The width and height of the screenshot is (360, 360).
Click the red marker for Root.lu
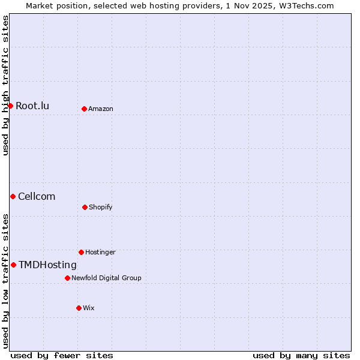10,106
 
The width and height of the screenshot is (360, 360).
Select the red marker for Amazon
84,109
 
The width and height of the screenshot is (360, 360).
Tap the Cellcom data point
13,196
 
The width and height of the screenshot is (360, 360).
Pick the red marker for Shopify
85,207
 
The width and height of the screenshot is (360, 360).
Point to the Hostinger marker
81,252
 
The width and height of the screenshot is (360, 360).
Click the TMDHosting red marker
13,265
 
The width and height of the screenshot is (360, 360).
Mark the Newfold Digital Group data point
67,278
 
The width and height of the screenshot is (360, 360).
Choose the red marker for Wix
79,308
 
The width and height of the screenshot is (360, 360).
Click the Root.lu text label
32,106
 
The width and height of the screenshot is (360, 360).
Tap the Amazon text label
101,109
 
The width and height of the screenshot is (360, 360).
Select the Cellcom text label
37,197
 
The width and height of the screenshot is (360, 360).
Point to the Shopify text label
101,207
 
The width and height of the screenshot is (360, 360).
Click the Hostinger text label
100,252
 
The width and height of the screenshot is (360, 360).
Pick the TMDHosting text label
47,265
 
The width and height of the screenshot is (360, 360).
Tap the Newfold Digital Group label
106,278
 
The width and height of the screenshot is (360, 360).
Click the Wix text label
89,308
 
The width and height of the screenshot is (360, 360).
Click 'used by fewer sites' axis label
62,355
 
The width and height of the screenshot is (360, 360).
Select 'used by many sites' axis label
301,355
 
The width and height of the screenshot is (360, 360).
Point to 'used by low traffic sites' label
6,281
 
